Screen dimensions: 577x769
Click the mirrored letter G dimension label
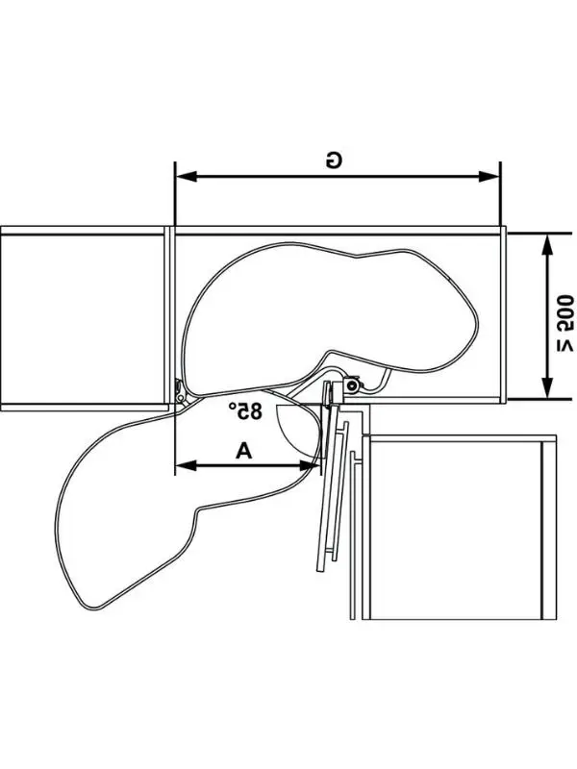click(334, 161)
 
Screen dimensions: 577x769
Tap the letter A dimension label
click(244, 450)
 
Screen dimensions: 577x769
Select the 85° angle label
click(245, 410)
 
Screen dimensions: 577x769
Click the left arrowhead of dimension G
click(186, 176)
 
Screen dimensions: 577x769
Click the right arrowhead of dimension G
click(489, 176)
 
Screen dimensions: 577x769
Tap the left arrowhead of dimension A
click(186, 465)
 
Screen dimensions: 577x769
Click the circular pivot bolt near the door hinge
click(352, 385)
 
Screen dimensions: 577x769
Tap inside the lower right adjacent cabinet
click(455, 530)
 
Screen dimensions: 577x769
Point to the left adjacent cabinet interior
click(82, 319)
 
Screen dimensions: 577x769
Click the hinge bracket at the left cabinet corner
click(181, 393)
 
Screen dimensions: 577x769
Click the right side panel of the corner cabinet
click(503, 314)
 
